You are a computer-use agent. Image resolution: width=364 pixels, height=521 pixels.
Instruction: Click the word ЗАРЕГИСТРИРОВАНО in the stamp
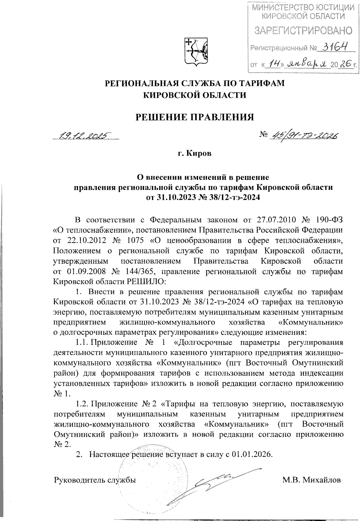coord(303,30)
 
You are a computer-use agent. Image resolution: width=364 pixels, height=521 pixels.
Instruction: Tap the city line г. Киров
coord(194,154)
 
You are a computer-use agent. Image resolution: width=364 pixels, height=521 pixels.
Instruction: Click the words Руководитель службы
coord(95,480)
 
